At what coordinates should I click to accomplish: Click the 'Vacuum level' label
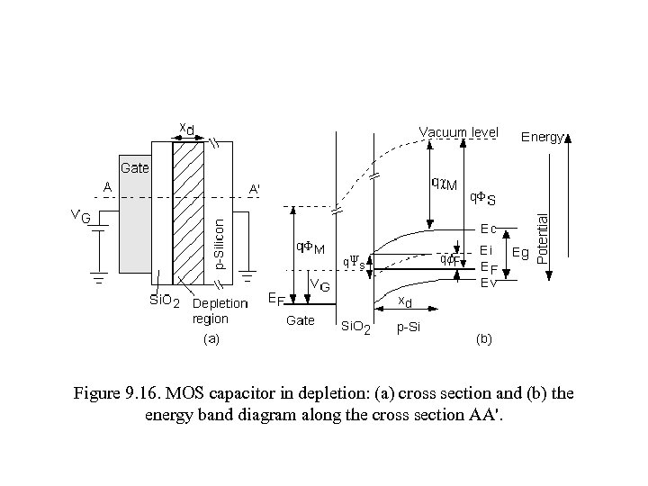click(x=458, y=132)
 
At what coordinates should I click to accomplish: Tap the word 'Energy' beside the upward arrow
click(x=543, y=138)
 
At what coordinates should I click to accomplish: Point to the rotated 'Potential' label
click(x=542, y=238)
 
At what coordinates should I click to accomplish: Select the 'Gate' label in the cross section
click(x=135, y=167)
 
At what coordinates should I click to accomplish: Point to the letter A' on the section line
click(x=256, y=189)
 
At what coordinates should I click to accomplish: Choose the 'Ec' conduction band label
click(x=488, y=229)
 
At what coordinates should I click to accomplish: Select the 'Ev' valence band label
click(x=488, y=283)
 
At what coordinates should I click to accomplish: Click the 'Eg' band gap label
click(x=519, y=254)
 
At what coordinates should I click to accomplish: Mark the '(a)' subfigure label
click(x=211, y=339)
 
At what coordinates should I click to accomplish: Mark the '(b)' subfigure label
click(x=483, y=339)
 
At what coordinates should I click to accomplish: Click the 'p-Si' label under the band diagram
click(x=409, y=328)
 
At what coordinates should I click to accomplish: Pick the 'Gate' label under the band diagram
click(x=300, y=320)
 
